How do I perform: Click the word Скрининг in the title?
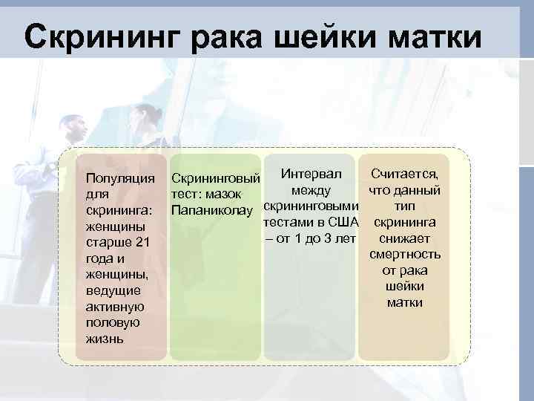101,37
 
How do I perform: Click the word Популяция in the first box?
120,178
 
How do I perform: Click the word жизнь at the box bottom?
104,339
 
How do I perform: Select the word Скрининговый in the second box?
215,179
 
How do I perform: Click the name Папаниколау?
216,211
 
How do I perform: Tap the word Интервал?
311,174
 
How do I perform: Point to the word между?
311,190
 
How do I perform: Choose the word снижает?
404,238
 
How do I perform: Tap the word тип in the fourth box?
404,206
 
